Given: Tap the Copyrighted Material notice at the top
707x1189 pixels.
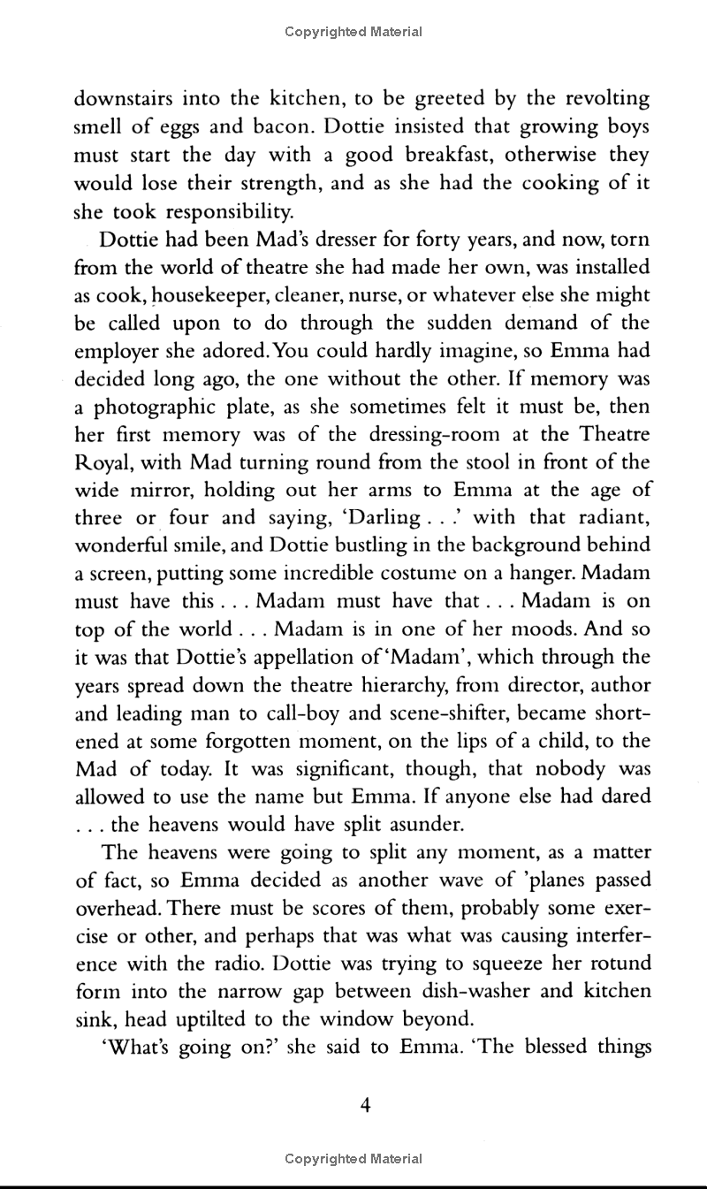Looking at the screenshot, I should [x=353, y=32].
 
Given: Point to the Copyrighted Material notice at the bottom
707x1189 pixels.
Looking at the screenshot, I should [x=353, y=1158].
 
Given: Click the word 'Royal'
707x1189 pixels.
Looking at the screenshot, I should [x=99, y=463].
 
